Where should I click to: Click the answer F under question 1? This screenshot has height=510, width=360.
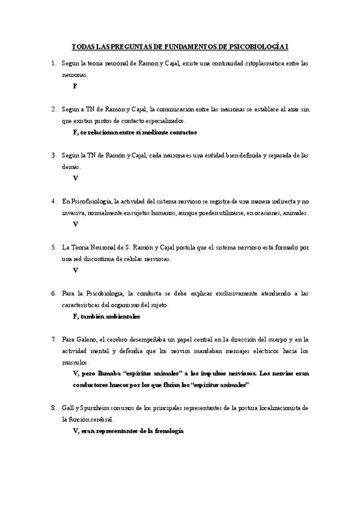[x=75, y=86]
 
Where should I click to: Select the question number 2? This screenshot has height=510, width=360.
[x=53, y=109]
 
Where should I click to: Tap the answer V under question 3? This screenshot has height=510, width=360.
[x=75, y=178]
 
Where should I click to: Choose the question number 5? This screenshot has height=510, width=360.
[x=53, y=247]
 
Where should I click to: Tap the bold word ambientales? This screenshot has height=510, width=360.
[x=121, y=316]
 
